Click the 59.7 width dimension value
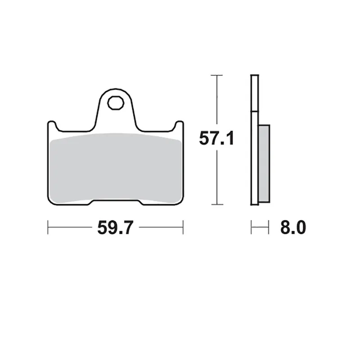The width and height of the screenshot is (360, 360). tap(115, 228)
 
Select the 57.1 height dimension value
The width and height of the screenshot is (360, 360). tap(216, 138)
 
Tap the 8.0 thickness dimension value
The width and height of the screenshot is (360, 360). tap(293, 227)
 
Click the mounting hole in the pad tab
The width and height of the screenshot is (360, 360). tap(116, 103)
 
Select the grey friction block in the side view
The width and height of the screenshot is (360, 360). tap(264, 163)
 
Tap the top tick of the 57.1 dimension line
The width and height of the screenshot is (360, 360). tap(217, 75)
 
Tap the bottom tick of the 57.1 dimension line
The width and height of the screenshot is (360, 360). tap(217, 204)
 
